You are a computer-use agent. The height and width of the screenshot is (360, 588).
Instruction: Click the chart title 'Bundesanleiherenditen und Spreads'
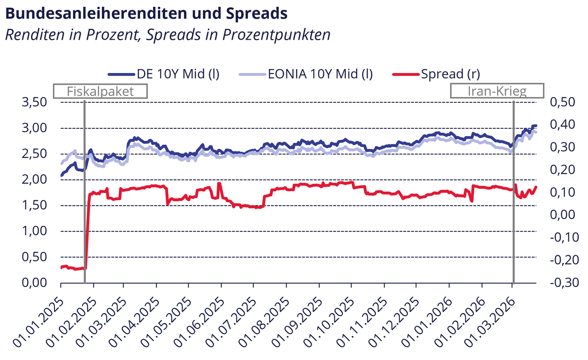146,13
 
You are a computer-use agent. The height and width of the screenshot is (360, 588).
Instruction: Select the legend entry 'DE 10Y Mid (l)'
164,74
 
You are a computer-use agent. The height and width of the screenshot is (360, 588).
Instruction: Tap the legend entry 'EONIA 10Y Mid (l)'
306,74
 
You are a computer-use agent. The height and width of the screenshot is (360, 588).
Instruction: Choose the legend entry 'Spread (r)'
437,74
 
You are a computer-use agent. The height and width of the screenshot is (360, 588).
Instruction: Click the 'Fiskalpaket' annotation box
100,91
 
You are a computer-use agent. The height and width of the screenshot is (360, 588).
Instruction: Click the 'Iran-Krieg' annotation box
497,91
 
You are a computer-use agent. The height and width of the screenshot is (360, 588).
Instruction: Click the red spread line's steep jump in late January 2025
87,230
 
